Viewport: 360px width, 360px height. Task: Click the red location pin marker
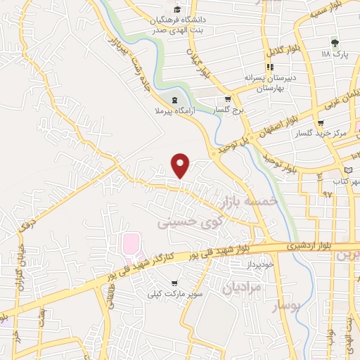[x=181, y=165]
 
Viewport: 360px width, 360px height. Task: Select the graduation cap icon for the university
[x=178, y=10]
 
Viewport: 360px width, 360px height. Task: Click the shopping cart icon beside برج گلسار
[x=228, y=99]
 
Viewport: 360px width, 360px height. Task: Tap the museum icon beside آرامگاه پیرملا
[x=175, y=99]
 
